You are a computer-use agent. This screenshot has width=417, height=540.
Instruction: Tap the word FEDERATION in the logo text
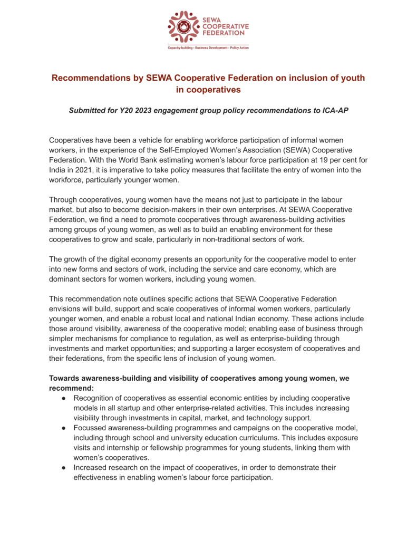tap(225, 38)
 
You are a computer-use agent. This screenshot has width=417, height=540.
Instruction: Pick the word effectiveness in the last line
tap(96, 478)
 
